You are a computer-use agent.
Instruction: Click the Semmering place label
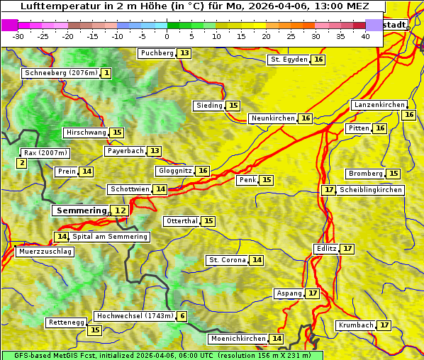81,210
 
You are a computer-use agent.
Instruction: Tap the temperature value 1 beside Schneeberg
106,73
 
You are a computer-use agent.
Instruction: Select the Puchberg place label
157,53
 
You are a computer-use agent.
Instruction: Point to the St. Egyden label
289,60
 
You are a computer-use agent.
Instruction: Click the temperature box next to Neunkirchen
306,118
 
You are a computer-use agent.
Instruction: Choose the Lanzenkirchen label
379,105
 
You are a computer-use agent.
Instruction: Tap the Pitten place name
359,128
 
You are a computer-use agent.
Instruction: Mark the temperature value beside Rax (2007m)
22,164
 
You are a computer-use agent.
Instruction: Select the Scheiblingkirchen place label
371,190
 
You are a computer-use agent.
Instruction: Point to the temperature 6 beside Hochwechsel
182,316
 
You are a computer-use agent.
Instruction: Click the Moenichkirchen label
239,339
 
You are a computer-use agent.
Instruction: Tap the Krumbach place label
356,325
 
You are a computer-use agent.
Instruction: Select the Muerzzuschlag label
45,252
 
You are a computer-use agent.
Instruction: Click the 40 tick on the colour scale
365,36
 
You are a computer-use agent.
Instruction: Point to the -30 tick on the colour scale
18,36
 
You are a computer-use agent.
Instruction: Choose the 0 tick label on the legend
167,36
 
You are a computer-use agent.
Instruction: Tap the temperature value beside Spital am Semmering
62,237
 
